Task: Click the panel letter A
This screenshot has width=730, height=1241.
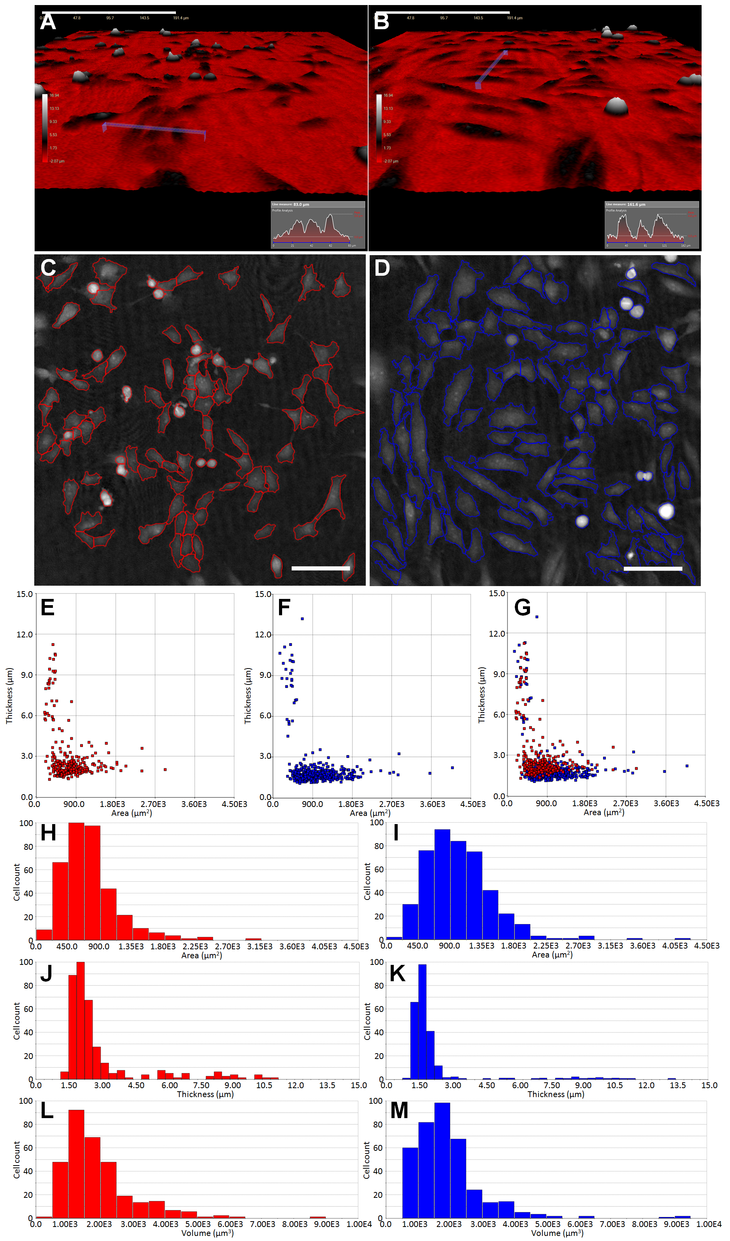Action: (x=48, y=22)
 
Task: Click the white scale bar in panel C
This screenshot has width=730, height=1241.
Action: (x=320, y=568)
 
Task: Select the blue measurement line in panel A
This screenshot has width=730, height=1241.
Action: (x=154, y=128)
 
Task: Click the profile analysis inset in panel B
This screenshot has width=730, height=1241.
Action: (x=651, y=224)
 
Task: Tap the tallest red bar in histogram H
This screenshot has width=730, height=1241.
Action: (x=76, y=882)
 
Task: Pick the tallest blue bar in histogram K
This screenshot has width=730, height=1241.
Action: (x=422, y=1022)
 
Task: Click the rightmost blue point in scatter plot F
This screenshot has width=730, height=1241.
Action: (x=452, y=768)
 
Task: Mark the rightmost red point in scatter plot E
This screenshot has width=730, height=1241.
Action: (x=165, y=769)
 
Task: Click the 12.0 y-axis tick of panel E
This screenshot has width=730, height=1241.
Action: (x=25, y=634)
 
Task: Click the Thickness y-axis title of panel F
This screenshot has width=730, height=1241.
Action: (x=248, y=695)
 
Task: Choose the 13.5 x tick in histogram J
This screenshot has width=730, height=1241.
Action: (x=327, y=1085)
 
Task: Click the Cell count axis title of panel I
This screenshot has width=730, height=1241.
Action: (x=367, y=882)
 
